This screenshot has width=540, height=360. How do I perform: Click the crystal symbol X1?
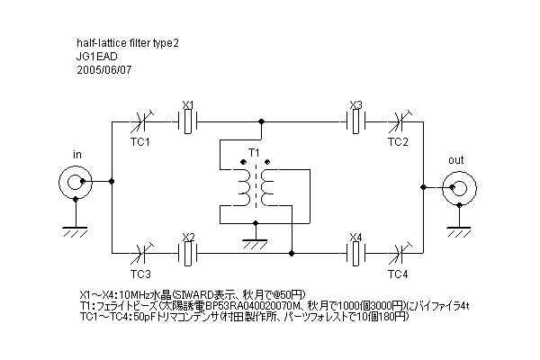pyautogui.click(x=188, y=122)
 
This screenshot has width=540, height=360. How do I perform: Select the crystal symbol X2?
pyautogui.click(x=188, y=254)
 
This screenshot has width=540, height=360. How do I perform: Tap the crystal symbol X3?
pyautogui.click(x=355, y=122)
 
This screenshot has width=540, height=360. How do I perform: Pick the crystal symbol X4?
pyautogui.click(x=355, y=254)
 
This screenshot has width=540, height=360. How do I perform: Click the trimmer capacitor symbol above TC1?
pyautogui.click(x=141, y=122)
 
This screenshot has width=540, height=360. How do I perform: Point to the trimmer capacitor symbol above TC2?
pyautogui.click(x=400, y=122)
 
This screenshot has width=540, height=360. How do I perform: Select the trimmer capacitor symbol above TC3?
pyautogui.click(x=141, y=254)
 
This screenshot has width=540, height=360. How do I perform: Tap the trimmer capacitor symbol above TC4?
pyautogui.click(x=400, y=254)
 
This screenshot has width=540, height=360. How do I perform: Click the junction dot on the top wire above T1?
pyautogui.click(x=261, y=121)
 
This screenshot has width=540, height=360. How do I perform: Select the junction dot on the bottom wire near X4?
pyautogui.click(x=292, y=254)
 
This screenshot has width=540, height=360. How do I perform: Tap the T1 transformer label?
pyautogui.click(x=254, y=152)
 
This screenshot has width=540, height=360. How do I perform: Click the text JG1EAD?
pyautogui.click(x=97, y=57)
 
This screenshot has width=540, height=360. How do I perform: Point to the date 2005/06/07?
pyautogui.click(x=104, y=70)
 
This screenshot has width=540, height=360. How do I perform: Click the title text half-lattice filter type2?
pyautogui.click(x=128, y=43)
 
